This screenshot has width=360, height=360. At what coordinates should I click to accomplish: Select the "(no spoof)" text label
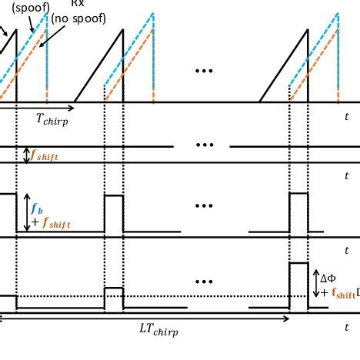(78, 18)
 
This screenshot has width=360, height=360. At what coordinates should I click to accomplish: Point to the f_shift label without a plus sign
(44, 155)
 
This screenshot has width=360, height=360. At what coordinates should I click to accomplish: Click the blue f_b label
(36, 208)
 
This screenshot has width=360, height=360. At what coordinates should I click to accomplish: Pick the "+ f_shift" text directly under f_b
(51, 223)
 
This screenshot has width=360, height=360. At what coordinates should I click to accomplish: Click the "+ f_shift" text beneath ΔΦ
(338, 293)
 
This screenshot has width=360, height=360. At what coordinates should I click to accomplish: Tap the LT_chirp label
(158, 330)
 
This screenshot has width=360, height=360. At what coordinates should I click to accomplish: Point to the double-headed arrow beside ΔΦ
(316, 283)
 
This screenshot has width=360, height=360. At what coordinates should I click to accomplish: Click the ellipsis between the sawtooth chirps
(204, 71)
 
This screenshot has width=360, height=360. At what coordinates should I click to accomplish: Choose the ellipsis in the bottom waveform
(204, 282)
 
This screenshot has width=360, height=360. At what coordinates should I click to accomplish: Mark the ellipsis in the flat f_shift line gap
(204, 145)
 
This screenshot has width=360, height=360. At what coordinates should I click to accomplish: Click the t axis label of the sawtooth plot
(346, 116)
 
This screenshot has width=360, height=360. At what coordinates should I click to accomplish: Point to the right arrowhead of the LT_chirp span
(287, 318)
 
